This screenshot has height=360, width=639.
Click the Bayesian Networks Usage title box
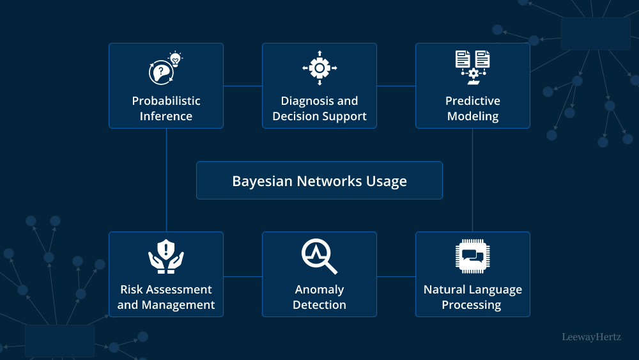click(319, 180)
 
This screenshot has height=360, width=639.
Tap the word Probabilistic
click(166, 101)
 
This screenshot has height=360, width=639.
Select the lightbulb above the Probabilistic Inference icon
click(174, 59)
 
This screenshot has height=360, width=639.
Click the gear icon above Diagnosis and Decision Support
click(319, 68)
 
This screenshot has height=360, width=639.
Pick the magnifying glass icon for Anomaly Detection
click(319, 256)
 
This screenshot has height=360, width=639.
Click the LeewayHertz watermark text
click(591, 336)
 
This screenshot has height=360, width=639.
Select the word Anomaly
click(319, 290)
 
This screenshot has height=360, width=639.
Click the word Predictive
click(473, 101)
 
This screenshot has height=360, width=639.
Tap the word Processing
click(473, 305)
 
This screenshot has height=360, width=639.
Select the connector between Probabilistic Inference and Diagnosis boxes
click(243, 86)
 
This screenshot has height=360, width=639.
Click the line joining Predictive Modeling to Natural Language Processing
click(472, 180)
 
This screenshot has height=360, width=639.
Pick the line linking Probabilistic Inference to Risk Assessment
click(166, 180)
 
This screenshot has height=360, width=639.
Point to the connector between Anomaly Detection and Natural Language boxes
click(396, 277)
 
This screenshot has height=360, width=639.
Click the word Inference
click(166, 116)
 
